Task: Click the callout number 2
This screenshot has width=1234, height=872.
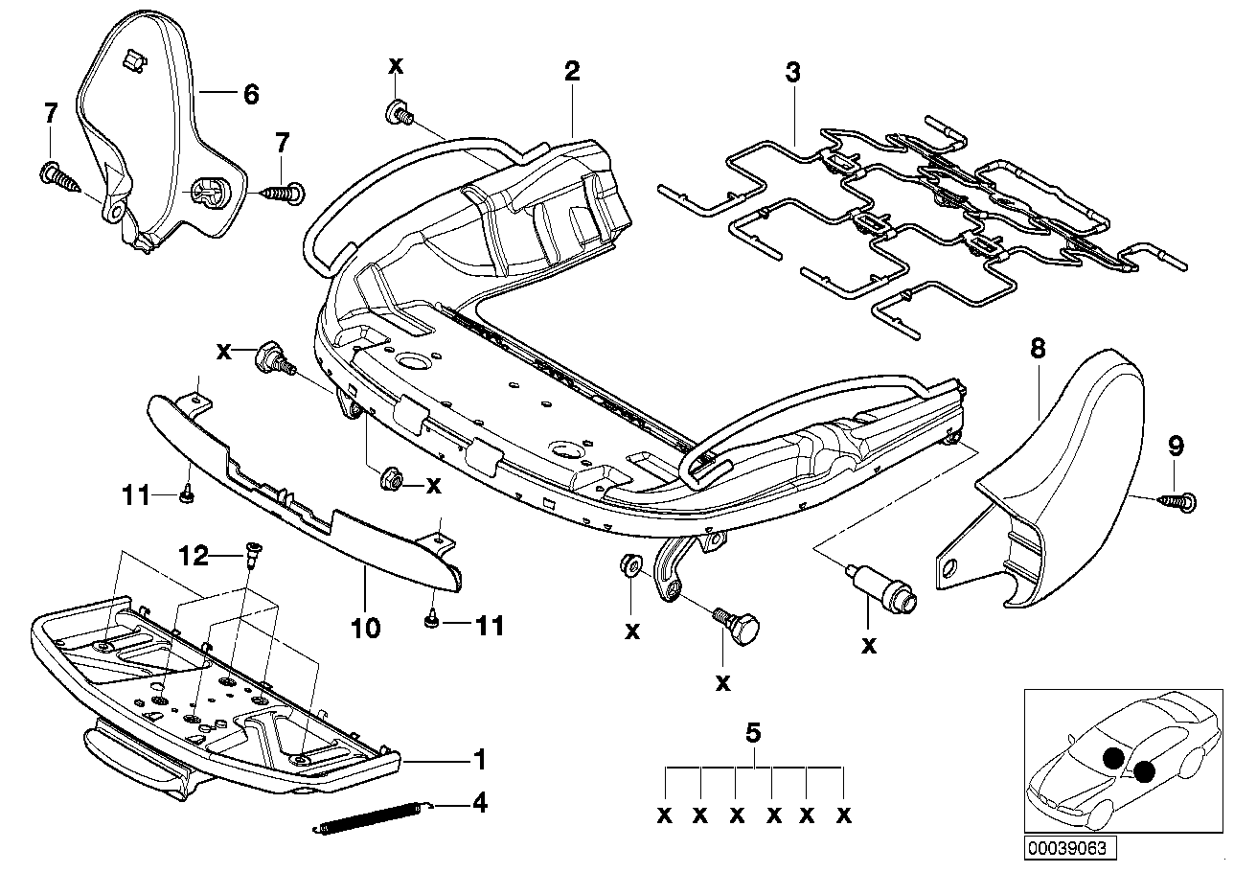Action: point(572,70)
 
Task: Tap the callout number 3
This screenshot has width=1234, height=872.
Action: point(792,72)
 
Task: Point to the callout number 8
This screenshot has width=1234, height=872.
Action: point(1039,351)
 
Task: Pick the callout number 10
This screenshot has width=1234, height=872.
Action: point(366,629)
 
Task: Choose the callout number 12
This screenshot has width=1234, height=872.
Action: point(194,555)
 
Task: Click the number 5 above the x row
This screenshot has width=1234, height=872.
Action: point(753,734)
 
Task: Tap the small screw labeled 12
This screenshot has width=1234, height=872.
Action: point(255,553)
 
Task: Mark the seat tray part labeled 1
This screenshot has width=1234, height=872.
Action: point(211,700)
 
